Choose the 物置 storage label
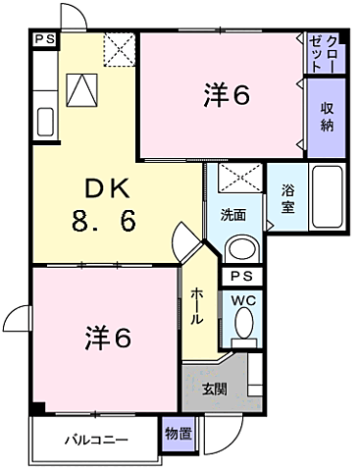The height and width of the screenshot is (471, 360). pos(178,432)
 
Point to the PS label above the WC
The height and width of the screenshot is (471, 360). pos(241,276)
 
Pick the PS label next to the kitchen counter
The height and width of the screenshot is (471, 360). pos(43,39)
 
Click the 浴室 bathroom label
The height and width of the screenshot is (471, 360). pos(288,198)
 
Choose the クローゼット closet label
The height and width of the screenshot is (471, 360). pos(326,52)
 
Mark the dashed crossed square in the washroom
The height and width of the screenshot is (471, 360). pos(234,179)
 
